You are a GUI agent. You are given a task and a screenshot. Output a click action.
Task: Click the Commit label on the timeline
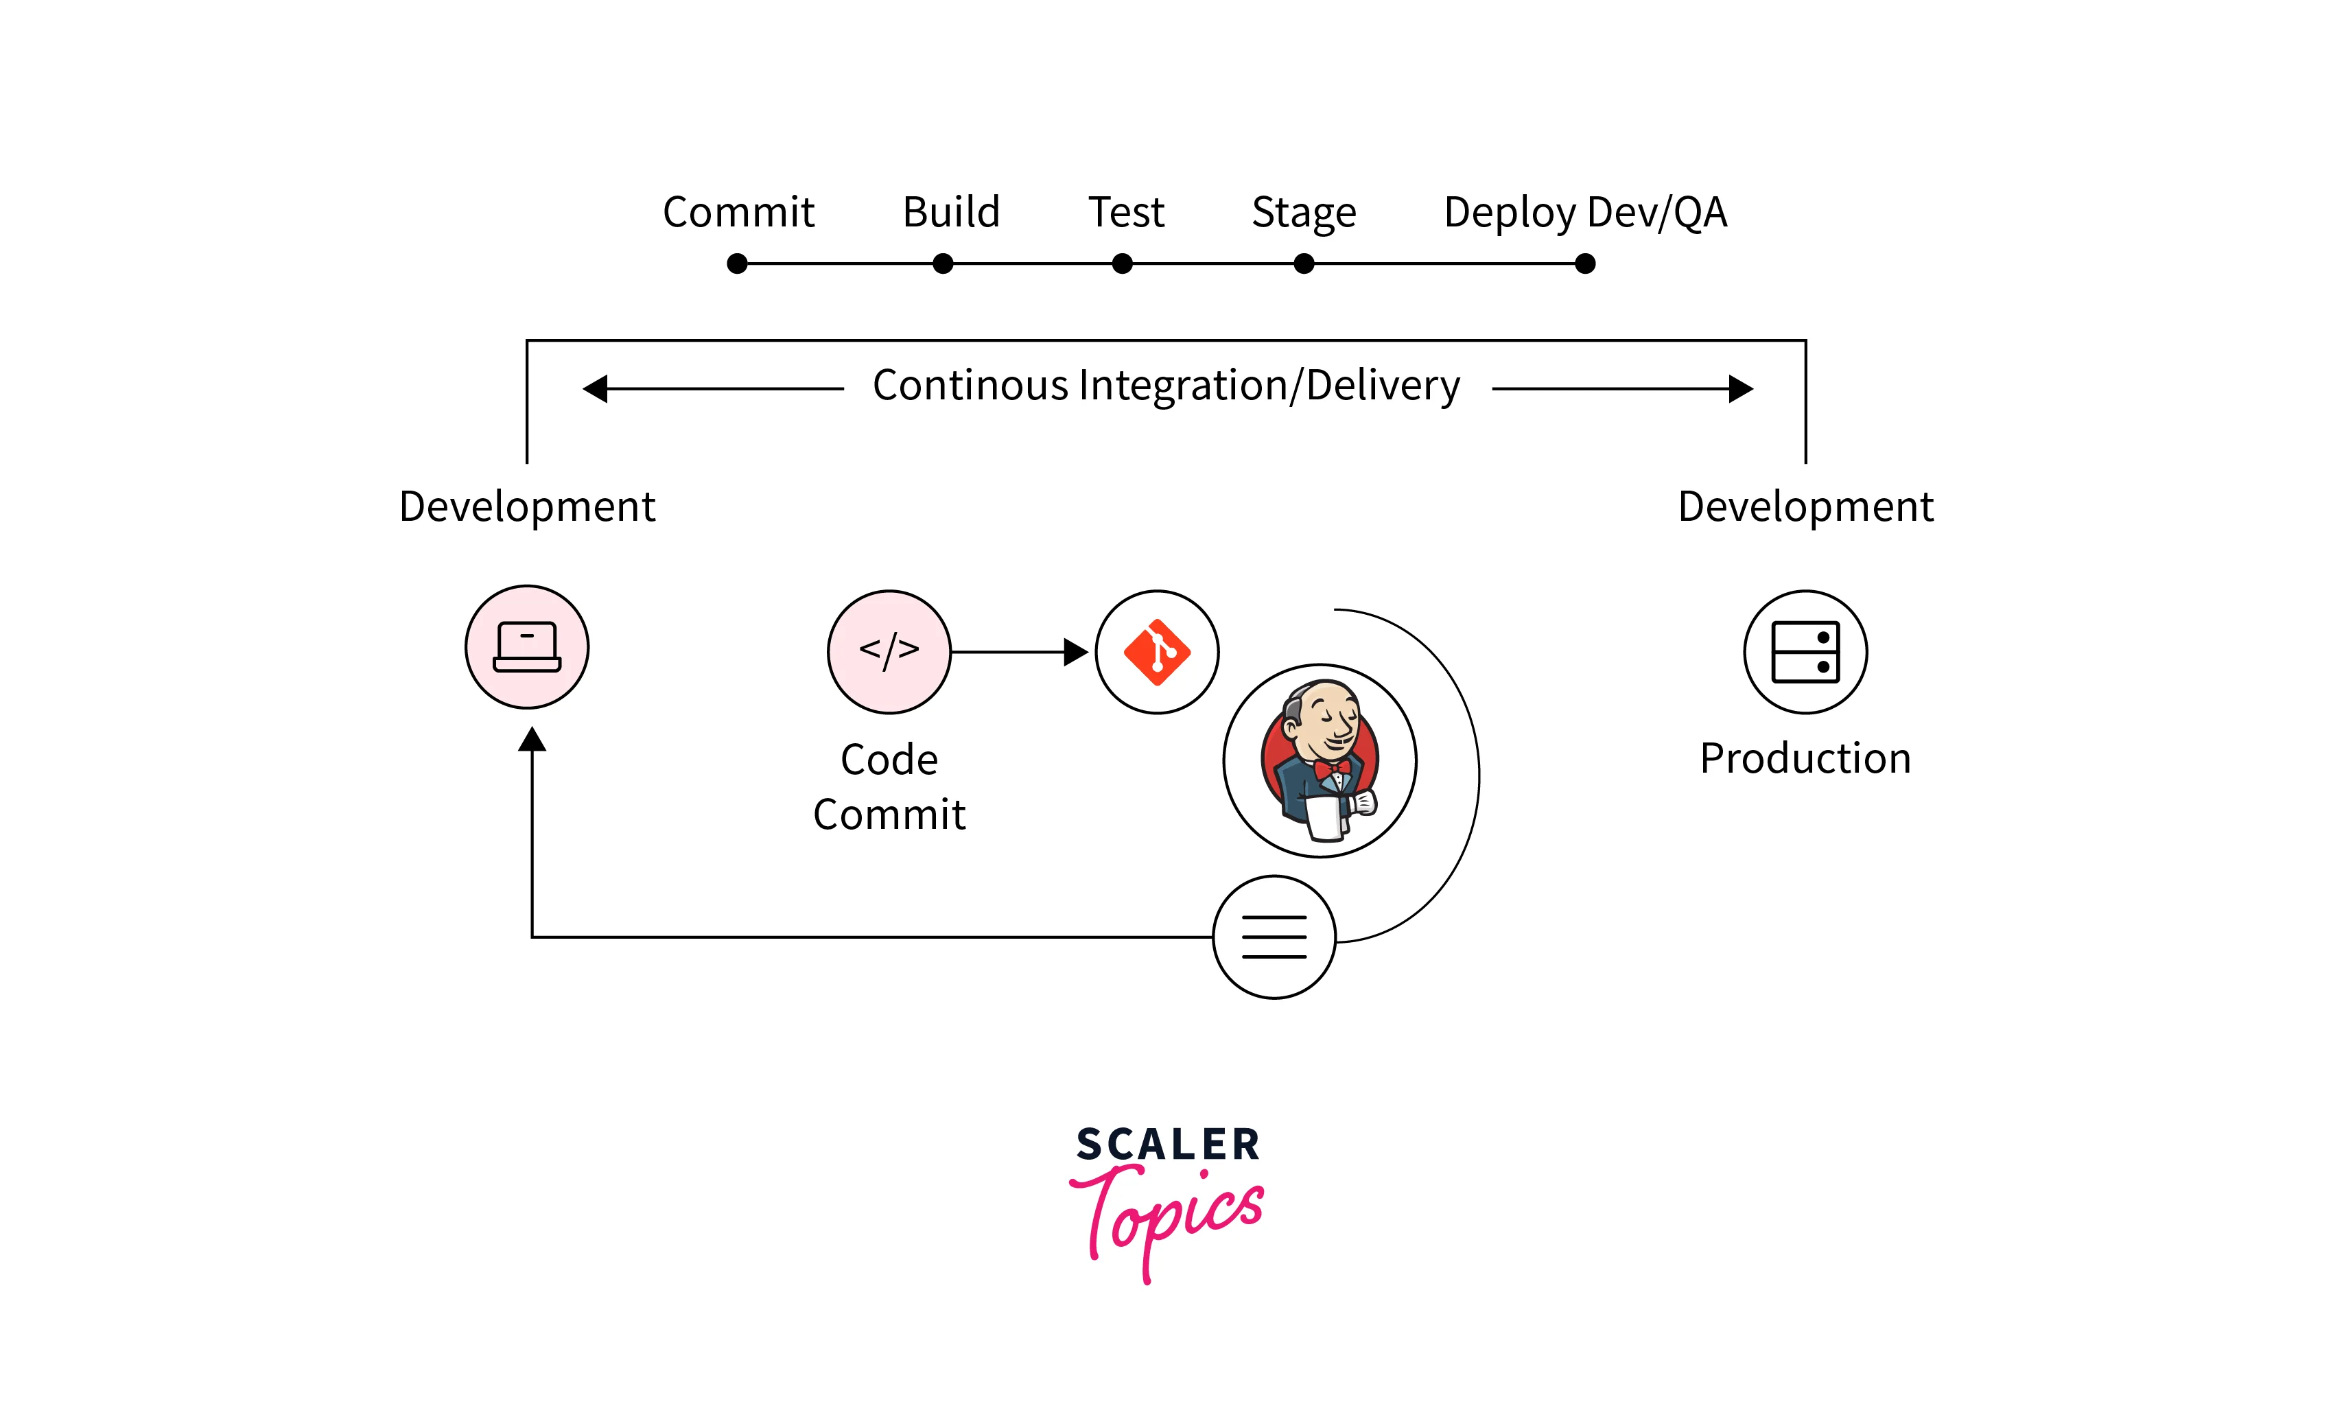point(738,212)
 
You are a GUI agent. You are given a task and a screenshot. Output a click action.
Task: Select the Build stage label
point(950,212)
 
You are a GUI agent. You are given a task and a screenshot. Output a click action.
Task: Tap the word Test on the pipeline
point(1126,212)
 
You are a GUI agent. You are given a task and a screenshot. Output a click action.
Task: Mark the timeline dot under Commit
point(738,264)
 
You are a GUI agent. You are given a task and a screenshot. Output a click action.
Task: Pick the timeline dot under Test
point(1122,264)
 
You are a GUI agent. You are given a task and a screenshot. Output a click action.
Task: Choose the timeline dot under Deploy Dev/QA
point(1585,264)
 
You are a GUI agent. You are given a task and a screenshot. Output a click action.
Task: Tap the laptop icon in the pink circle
point(528,648)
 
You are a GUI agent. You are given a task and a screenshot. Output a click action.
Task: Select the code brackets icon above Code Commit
point(889,651)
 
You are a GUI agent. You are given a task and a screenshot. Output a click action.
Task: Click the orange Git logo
point(1157,652)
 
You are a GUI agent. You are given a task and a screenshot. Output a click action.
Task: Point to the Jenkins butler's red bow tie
point(1331,769)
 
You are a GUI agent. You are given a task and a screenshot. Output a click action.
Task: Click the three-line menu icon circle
point(1274,937)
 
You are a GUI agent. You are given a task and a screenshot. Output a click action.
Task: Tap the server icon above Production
point(1805,652)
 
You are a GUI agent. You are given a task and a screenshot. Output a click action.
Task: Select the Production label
point(1805,759)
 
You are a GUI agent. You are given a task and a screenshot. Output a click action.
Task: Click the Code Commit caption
point(889,786)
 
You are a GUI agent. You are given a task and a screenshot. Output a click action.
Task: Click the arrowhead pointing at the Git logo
point(1076,652)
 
